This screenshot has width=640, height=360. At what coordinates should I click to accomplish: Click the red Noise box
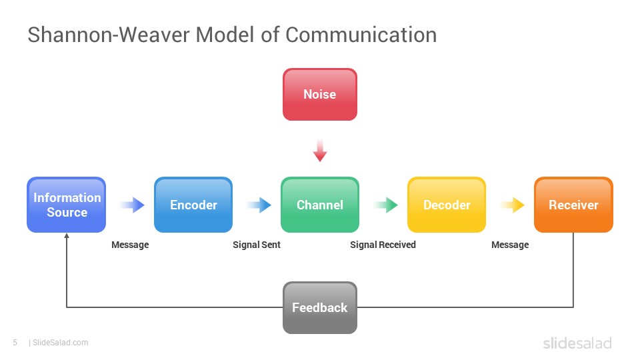coord(320,94)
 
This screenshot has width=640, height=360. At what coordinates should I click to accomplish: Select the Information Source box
coord(67,205)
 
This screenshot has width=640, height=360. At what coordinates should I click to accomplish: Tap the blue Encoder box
coord(193,205)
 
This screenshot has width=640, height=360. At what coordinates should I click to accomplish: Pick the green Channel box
coord(320,205)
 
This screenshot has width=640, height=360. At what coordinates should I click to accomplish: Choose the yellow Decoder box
coord(447,205)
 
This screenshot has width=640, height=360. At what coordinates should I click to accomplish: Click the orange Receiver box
coord(573,205)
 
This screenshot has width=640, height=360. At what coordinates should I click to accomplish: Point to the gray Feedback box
coord(320,307)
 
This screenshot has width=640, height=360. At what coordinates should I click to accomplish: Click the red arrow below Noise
coord(320,151)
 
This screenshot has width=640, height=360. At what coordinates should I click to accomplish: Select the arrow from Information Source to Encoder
coord(133,205)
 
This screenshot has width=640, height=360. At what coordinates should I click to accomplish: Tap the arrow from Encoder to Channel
coord(259,205)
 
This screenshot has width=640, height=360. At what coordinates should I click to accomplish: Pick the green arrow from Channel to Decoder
coord(386,205)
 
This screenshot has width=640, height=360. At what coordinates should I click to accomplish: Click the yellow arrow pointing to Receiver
coord(513,205)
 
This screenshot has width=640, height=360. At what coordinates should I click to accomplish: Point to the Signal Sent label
coord(257,245)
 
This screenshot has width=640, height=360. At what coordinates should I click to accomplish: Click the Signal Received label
coord(383,245)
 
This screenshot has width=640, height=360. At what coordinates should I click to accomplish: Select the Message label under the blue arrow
coord(130,245)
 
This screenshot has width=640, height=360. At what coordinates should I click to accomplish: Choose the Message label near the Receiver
coord(510,245)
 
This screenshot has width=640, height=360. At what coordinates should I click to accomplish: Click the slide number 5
coord(15,343)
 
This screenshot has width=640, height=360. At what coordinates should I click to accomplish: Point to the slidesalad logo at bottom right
coord(577,343)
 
